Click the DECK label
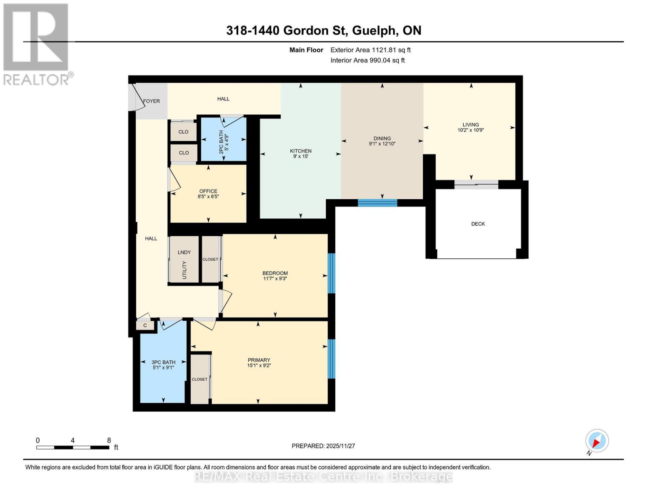478,224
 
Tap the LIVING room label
470,125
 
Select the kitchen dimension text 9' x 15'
301,157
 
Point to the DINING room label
382,138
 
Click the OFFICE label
208,191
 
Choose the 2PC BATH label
221,142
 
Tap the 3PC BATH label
163,362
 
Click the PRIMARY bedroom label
259,360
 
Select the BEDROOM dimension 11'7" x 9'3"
275,279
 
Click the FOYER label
152,101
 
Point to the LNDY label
184,252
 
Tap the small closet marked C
145,325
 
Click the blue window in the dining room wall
377,203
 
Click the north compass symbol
597,441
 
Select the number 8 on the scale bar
109,440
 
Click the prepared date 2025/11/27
340,446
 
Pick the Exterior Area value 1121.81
382,50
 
